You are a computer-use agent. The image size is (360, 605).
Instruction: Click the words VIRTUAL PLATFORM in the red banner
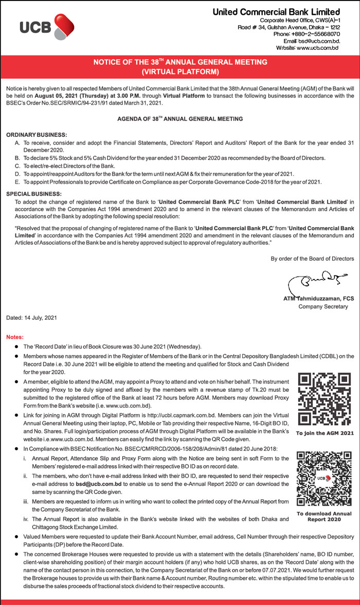coord(180,71)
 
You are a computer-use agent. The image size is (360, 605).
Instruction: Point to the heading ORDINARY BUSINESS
coord(37,135)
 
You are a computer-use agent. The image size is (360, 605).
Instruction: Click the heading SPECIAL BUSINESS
coord(33,194)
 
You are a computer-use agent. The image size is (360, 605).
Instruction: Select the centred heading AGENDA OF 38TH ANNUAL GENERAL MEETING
coord(180,119)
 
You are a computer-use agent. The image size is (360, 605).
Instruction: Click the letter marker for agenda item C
coord(18,166)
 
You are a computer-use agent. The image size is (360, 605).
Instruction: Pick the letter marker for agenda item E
coord(18,182)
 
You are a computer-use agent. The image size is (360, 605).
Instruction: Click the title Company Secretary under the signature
coord(323,306)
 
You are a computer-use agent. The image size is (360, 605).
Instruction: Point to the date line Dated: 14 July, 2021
coord(31,318)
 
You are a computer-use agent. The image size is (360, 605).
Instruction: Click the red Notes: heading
coord(15,337)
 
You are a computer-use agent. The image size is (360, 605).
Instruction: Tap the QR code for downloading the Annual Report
coord(325,479)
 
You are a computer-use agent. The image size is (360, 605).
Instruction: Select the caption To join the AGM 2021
coord(325,433)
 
